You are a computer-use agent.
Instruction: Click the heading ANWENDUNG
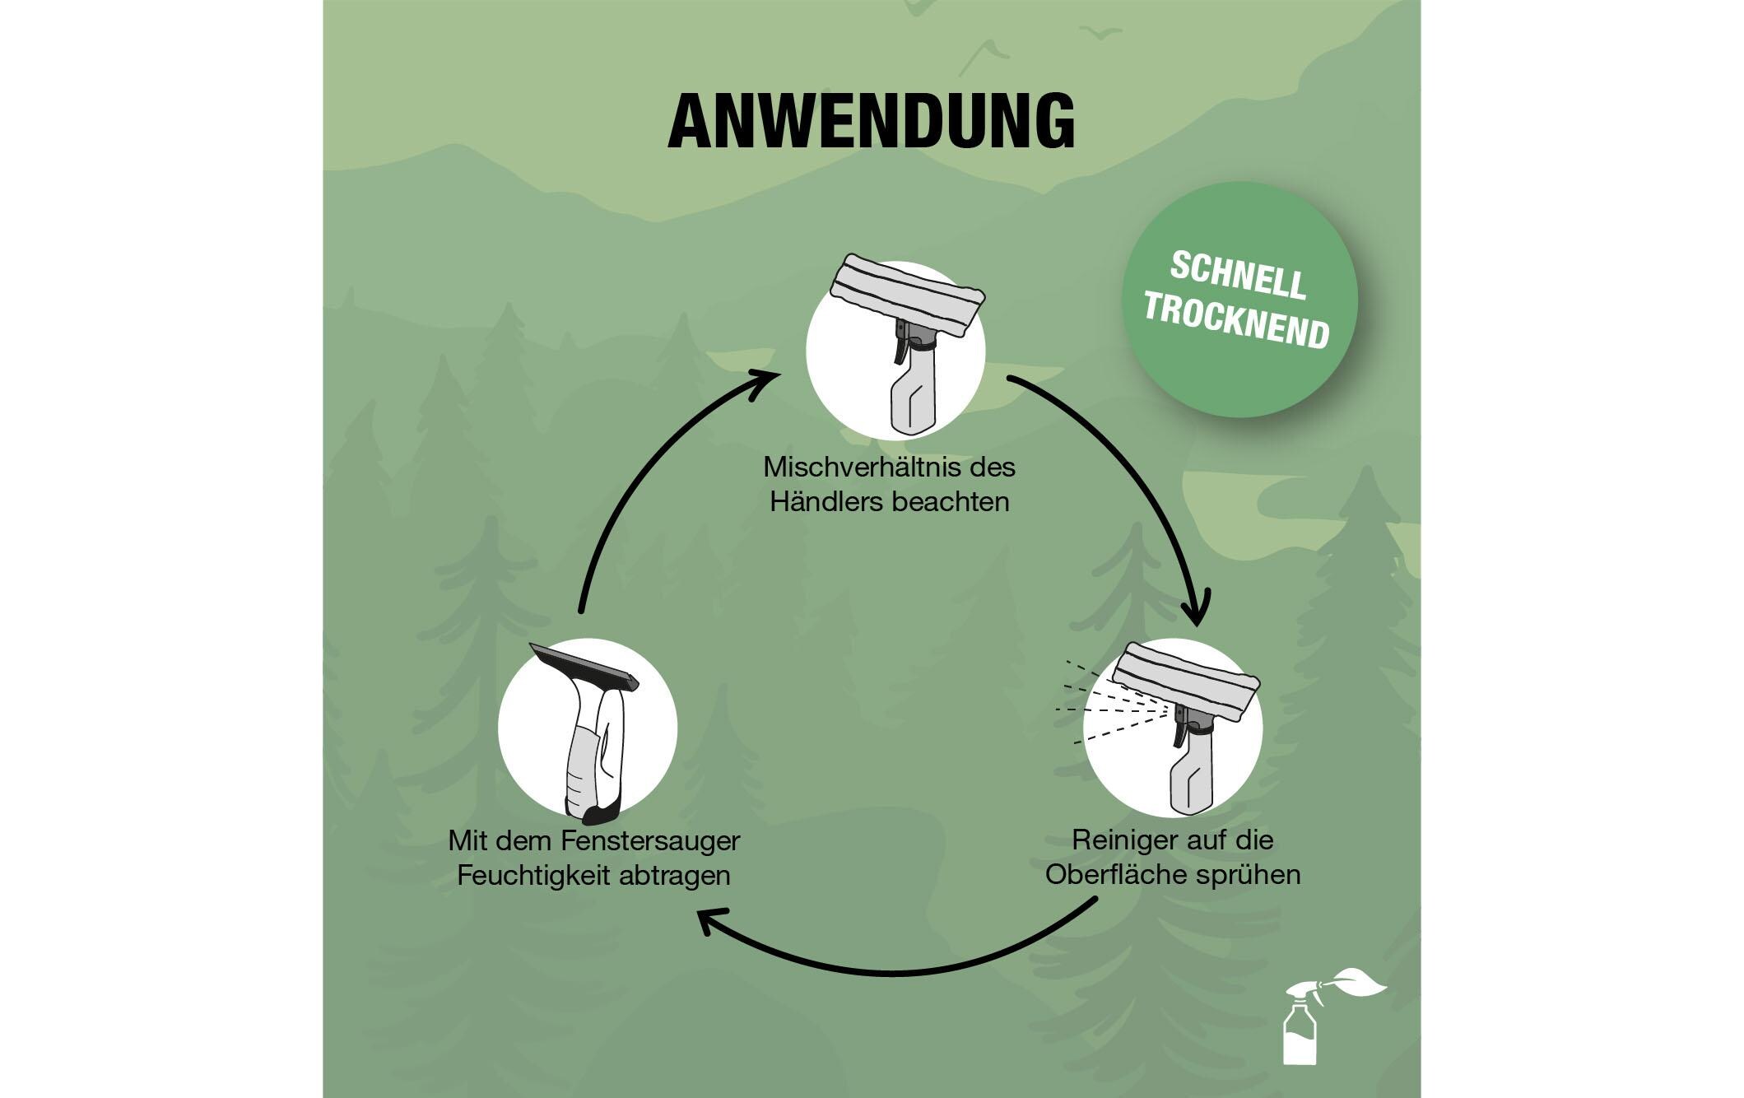pyautogui.click(x=872, y=121)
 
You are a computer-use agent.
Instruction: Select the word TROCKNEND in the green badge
pyautogui.click(x=1236, y=323)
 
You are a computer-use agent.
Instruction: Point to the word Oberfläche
pyautogui.click(x=1115, y=874)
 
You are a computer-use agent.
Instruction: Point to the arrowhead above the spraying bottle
pyautogui.click(x=1197, y=609)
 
